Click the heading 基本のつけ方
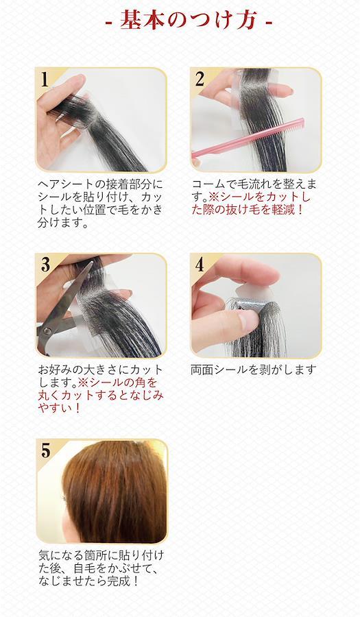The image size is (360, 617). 189,19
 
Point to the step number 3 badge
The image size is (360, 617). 45,265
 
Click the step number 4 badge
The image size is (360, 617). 200,265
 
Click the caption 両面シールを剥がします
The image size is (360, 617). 254,370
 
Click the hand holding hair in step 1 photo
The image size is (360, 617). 59,118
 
